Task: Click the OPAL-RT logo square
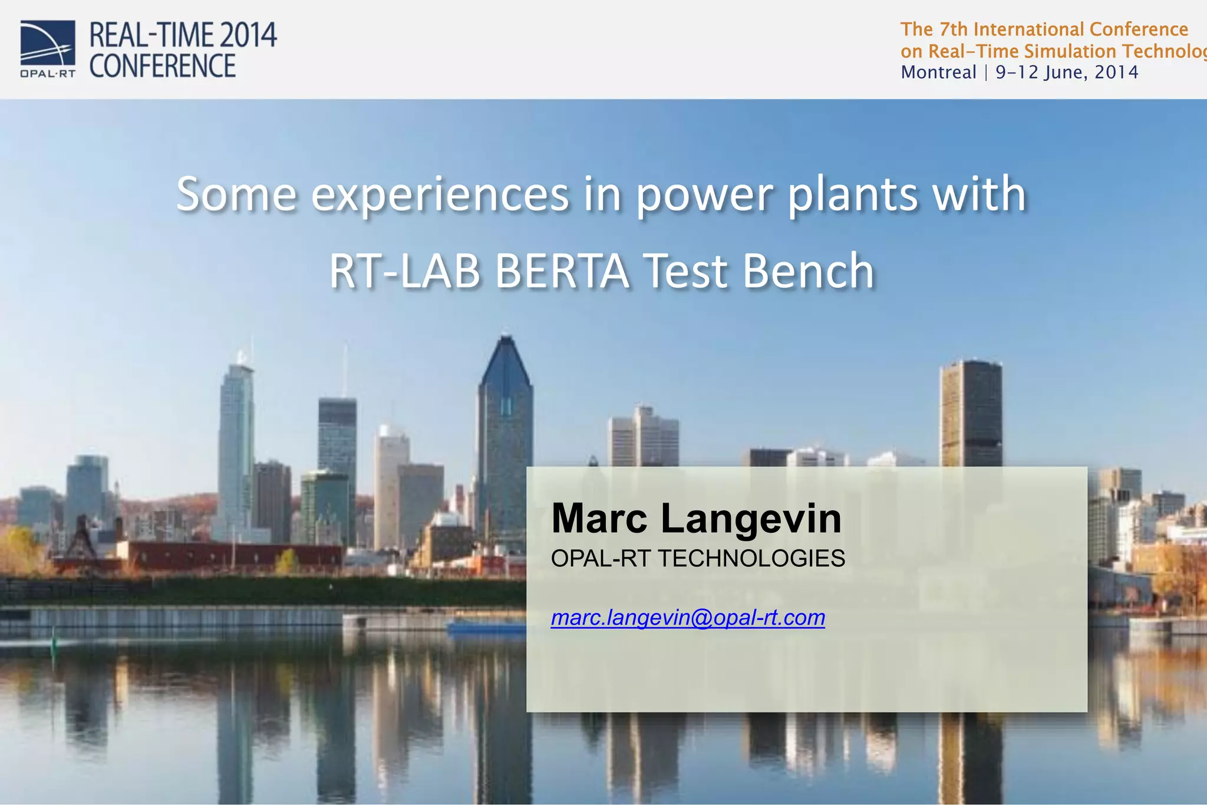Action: point(48,43)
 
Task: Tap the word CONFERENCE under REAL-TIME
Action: point(162,65)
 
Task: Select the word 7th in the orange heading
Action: point(953,29)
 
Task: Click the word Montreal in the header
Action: point(938,72)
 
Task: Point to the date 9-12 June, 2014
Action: point(1067,72)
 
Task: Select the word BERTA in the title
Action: point(562,270)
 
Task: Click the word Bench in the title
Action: point(808,270)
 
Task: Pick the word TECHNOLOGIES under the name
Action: point(751,558)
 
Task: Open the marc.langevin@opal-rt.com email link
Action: point(687,618)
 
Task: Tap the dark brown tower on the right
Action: point(971,413)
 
